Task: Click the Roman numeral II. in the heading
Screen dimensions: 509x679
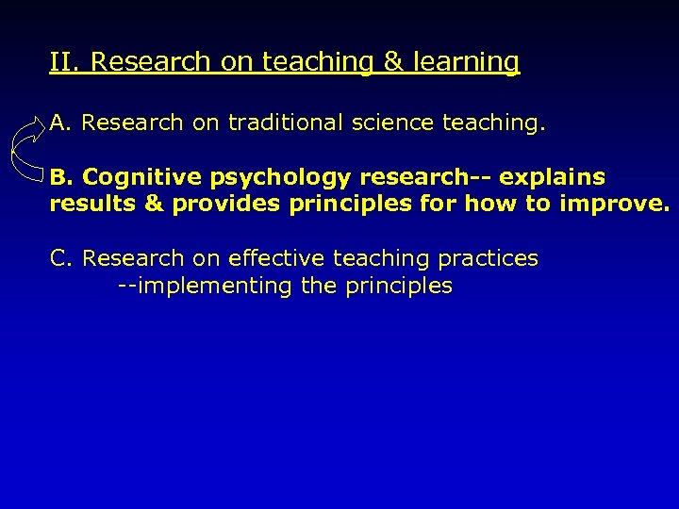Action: tap(66, 62)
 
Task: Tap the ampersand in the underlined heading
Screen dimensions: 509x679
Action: tap(391, 62)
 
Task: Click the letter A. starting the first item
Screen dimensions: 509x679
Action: tap(61, 123)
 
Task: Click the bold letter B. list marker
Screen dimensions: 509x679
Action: tap(61, 177)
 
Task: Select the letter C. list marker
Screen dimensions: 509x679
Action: tap(61, 258)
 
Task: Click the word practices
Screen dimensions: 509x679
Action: tap(488, 259)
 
